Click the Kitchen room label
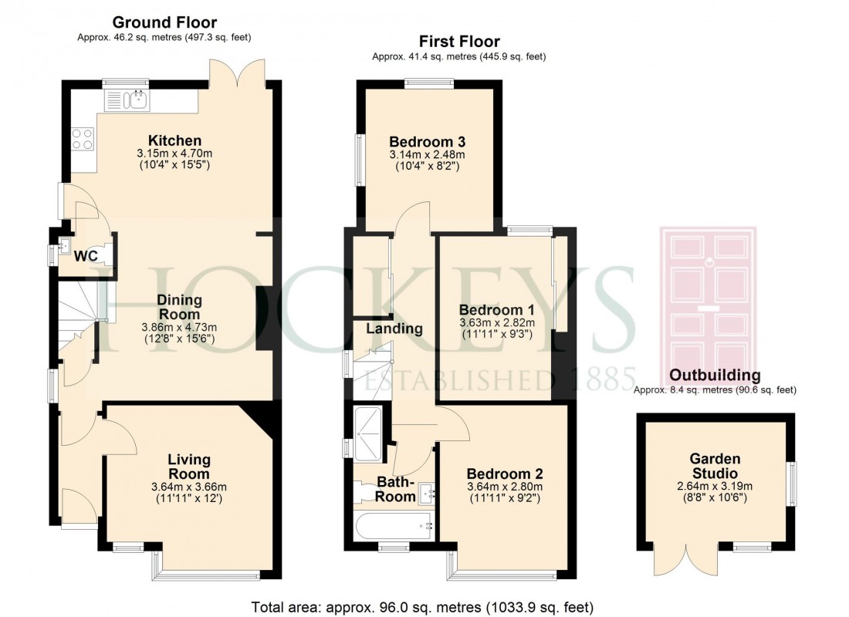(x=175, y=140)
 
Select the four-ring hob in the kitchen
(x=83, y=138)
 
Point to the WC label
(x=86, y=256)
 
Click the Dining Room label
(x=179, y=307)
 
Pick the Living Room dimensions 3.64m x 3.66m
(x=189, y=487)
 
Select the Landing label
(x=394, y=329)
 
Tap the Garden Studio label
(x=714, y=465)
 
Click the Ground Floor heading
(x=164, y=22)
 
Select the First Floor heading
(x=459, y=42)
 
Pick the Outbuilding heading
(x=715, y=376)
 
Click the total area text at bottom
(x=424, y=606)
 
